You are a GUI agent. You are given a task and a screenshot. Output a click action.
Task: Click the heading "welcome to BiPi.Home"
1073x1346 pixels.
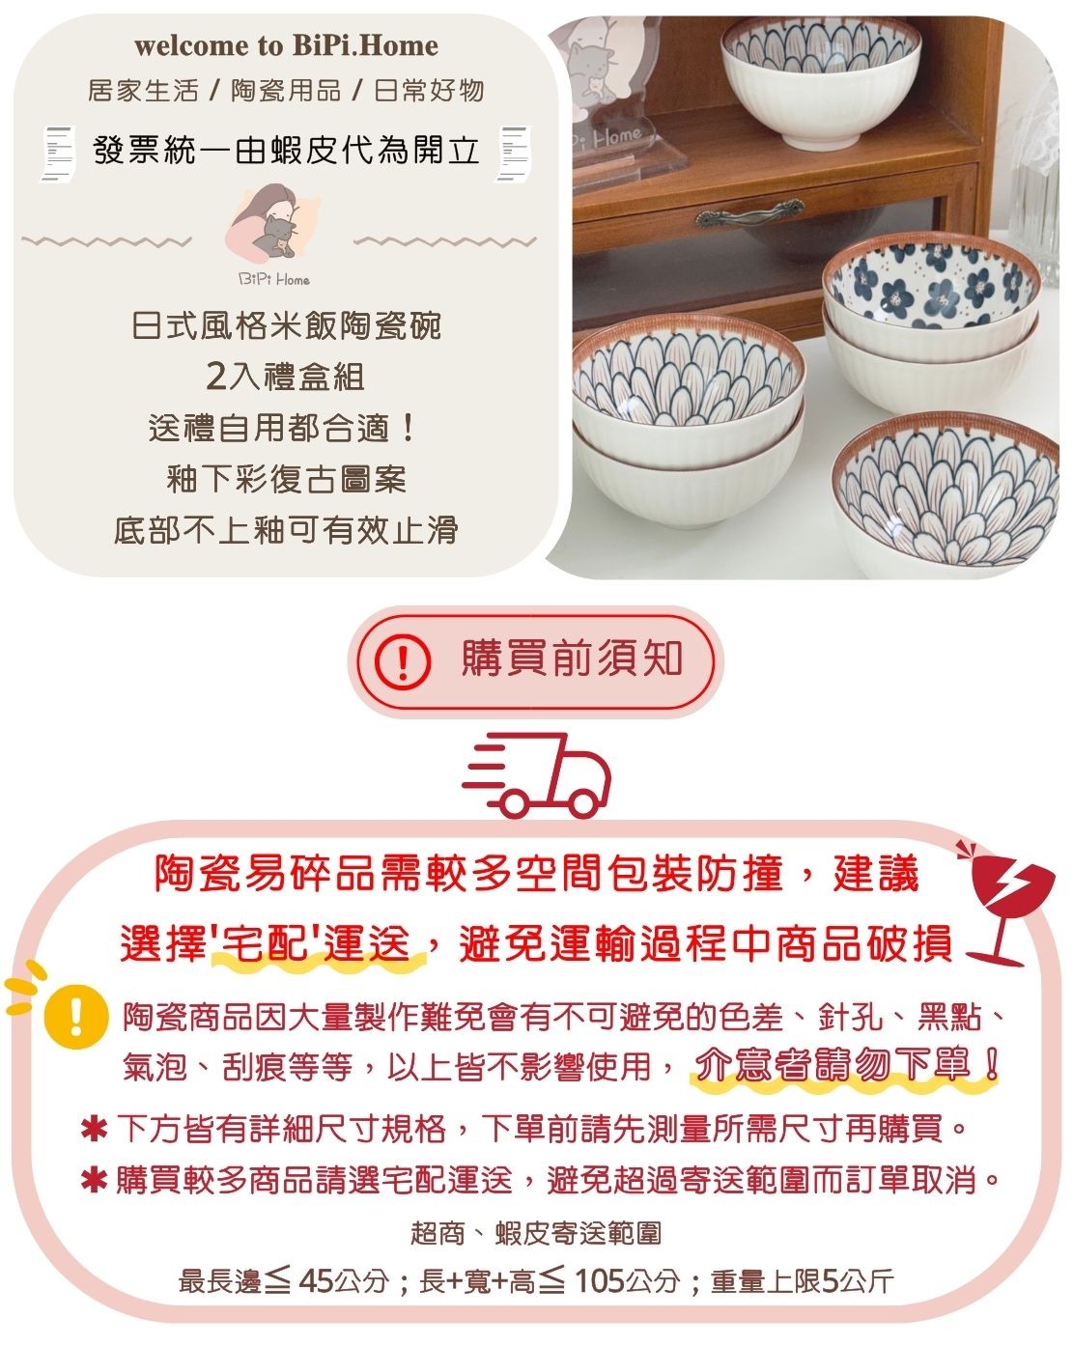[x=286, y=45]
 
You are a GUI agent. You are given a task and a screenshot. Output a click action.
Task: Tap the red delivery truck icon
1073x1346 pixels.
[x=536, y=775]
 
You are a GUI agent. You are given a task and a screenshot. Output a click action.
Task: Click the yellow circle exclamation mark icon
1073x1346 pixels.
[x=76, y=1017]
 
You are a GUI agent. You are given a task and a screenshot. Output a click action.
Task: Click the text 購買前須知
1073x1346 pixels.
[x=572, y=659]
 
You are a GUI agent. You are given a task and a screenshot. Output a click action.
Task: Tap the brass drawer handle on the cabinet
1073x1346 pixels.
[x=748, y=212]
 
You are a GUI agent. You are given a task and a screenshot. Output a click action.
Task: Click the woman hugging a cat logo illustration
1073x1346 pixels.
[x=273, y=222]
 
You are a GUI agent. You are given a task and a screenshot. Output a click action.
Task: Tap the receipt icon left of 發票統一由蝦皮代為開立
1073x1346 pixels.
[x=58, y=154]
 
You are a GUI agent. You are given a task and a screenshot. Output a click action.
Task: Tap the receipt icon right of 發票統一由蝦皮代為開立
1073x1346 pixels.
[x=513, y=154]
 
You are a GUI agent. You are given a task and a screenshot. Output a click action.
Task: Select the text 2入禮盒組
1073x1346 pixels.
[x=285, y=377]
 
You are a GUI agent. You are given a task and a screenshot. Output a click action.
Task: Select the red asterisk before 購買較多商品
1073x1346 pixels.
[x=94, y=1180]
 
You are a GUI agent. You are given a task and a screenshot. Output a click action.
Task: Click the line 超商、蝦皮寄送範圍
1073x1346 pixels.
[x=536, y=1233]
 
